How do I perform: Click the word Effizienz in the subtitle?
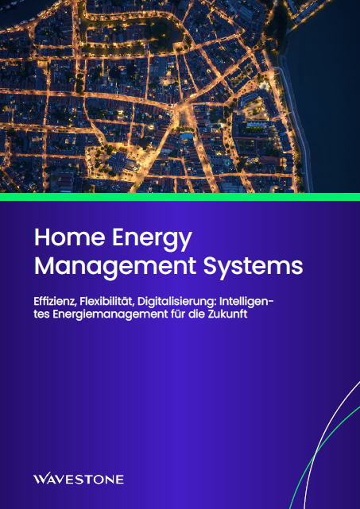point(54,303)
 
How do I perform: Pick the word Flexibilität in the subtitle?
point(105,303)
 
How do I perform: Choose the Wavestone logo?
point(79,479)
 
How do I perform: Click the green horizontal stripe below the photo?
point(180,195)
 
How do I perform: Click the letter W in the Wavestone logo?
point(41,479)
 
